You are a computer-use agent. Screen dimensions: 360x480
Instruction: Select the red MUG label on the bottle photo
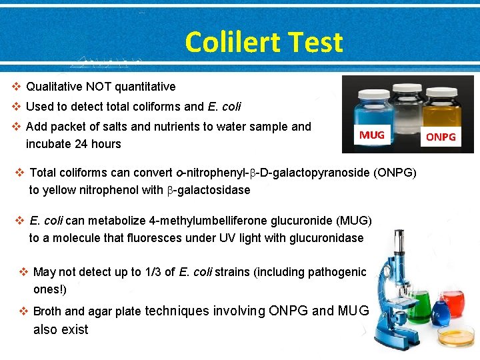tap(372, 135)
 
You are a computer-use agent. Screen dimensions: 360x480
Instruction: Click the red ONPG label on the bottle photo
tap(441, 137)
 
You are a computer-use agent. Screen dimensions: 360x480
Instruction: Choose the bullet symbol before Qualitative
tap(17, 87)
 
